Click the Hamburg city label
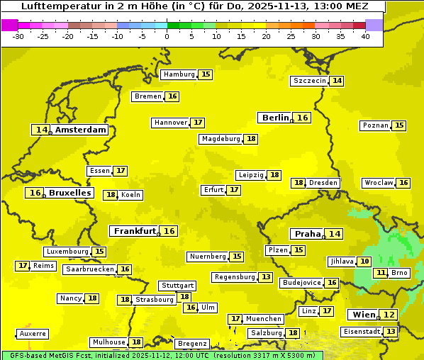[179, 74]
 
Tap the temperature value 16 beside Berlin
[303, 118]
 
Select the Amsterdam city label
[81, 130]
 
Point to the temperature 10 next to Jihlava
[364, 261]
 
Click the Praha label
[308, 234]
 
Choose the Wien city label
[362, 315]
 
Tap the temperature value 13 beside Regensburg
[266, 277]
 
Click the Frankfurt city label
[135, 231]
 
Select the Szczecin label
[310, 81]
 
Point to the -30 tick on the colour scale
[18, 36]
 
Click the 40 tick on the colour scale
[365, 36]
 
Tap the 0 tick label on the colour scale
[167, 36]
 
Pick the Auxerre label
[33, 334]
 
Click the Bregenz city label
[191, 344]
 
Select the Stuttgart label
[177, 286]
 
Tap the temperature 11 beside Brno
[381, 273]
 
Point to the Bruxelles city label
[69, 193]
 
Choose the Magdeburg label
[221, 139]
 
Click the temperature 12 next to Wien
[389, 315]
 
